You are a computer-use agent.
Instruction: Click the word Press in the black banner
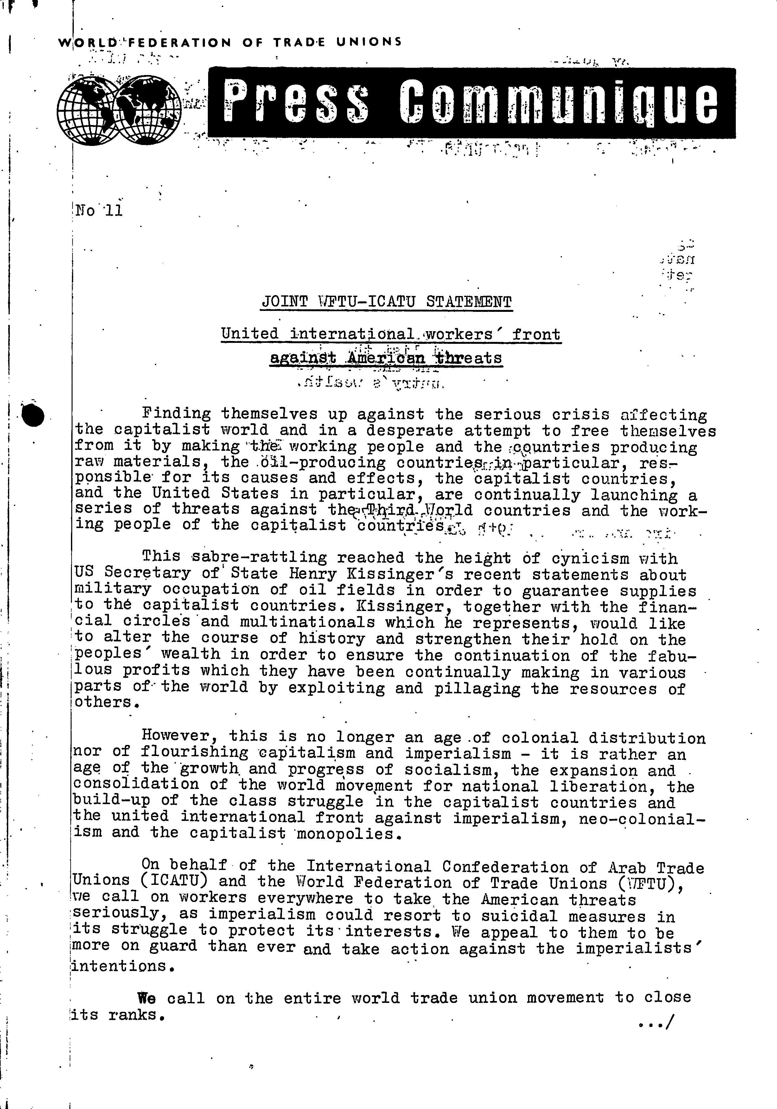click(296, 102)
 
